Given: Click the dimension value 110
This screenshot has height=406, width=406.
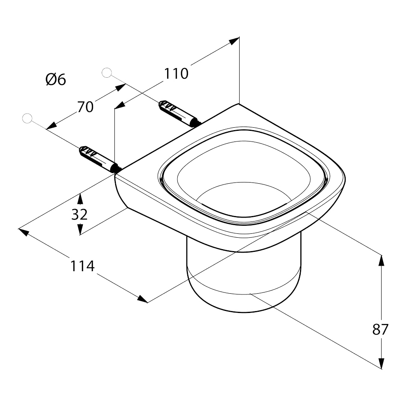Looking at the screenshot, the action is point(176,74).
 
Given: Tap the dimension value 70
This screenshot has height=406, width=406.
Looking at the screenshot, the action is point(85,107).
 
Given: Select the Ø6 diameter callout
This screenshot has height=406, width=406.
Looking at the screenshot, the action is point(56,79).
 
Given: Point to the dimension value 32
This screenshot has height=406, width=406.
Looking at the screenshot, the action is point(80,214).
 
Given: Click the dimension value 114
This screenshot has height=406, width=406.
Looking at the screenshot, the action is point(83,266).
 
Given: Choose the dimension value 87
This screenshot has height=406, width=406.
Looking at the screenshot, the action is point(380,330).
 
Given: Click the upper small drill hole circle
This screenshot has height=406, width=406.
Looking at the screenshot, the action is point(107,73).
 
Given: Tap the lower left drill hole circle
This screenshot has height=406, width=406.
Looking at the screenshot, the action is point(27,118).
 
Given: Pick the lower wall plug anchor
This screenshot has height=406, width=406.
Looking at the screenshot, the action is point(100,160).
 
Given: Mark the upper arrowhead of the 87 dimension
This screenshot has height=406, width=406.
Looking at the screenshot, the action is point(381,261).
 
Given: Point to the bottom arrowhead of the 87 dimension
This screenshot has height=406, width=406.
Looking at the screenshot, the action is point(381,363).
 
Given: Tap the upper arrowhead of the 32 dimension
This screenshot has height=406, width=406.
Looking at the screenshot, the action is point(80,198).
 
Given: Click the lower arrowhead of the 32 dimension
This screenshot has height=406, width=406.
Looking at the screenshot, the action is point(80,229).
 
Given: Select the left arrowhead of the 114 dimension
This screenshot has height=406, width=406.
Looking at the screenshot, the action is point(23,232).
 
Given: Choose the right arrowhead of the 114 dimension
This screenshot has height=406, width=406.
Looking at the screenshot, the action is point(143,299).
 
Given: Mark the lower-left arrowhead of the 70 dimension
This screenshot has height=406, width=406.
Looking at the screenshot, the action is point(51,126).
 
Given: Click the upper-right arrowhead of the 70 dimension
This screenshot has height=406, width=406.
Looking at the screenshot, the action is point(121,87).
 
